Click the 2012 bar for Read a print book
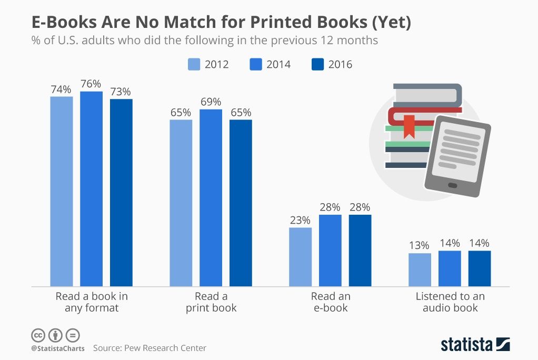pyautogui.click(x=181, y=203)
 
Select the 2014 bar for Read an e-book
pyautogui.click(x=330, y=250)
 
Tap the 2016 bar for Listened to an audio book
pyautogui.click(x=480, y=268)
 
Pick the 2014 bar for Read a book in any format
pyautogui.click(x=91, y=188)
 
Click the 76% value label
pyautogui.click(x=91, y=84)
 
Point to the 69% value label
pyautogui.click(x=211, y=102)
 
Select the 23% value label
pyautogui.click(x=300, y=221)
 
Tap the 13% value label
pyautogui.click(x=420, y=246)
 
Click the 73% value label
pyautogui.click(x=121, y=91)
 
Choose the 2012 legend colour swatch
pyautogui.click(x=194, y=64)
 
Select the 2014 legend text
pyautogui.click(x=278, y=65)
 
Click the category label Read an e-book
pyautogui.click(x=330, y=302)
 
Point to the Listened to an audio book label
pyautogui.click(x=450, y=302)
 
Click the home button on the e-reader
pyautogui.click(x=452, y=185)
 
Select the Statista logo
pyautogui.click(x=475, y=345)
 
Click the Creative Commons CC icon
pyautogui.click(x=38, y=335)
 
